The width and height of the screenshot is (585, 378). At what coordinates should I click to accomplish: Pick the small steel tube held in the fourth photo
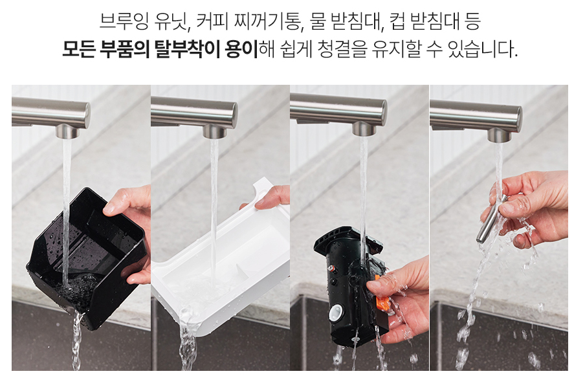click(491, 220)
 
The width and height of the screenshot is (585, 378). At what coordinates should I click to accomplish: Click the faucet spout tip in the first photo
click(66, 131)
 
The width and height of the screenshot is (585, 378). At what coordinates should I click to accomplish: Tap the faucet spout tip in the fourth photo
click(500, 135)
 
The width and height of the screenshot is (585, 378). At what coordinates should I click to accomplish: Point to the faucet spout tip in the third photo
click(363, 129)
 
